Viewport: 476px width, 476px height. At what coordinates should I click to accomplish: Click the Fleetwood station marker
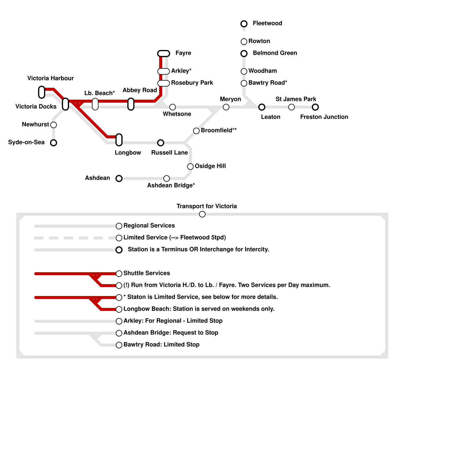(x=244, y=24)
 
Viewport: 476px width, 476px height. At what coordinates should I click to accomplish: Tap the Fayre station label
(x=183, y=53)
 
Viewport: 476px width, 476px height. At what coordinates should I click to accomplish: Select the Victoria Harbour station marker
(x=42, y=92)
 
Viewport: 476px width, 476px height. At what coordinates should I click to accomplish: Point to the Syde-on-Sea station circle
(x=54, y=143)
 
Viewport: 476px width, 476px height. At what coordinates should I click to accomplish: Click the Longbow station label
(x=128, y=153)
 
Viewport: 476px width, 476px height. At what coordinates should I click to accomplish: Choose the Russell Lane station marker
(x=161, y=143)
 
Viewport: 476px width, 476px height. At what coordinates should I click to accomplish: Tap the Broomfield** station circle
(x=196, y=131)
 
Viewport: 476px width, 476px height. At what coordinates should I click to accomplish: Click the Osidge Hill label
(x=210, y=166)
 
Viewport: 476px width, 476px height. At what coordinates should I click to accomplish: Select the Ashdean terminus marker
(x=119, y=178)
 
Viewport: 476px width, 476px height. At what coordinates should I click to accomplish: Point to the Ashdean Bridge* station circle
(x=167, y=178)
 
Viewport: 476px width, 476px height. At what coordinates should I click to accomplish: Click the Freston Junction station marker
(x=315, y=107)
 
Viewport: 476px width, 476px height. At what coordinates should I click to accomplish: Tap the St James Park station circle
(x=292, y=107)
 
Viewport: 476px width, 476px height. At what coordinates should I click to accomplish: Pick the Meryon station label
(x=230, y=99)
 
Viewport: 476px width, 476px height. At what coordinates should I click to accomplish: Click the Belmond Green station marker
(x=244, y=54)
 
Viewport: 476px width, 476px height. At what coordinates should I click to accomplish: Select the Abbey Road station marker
(x=131, y=104)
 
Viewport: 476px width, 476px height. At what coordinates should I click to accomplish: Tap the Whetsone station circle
(x=173, y=107)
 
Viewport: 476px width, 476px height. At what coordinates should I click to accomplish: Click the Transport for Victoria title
(x=206, y=206)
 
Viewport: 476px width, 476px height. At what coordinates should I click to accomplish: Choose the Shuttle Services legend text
(x=147, y=273)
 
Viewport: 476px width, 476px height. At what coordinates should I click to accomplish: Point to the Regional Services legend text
(x=149, y=226)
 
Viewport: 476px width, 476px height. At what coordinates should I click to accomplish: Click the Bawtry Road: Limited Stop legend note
(x=161, y=345)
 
